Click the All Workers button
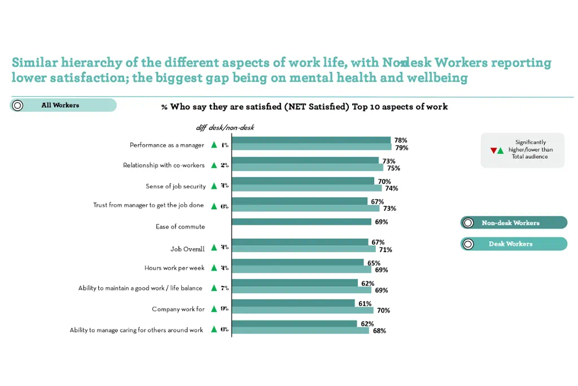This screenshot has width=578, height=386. pos(63,105)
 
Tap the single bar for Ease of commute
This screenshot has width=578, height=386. pos(301,222)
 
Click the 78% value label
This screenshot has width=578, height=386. pos(401,140)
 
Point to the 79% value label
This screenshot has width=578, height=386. pos(401,148)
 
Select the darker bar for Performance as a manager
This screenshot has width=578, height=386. pos(312,140)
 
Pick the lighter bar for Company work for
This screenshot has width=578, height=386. pos(303,310)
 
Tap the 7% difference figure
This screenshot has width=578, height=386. pos(225,288)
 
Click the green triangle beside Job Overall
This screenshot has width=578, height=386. pos(214,248)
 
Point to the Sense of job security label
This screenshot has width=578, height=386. pos(176,187)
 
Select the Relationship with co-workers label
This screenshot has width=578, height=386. pos(164,166)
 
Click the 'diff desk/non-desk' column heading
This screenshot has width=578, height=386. pos(225,128)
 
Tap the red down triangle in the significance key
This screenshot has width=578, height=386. pos(493,150)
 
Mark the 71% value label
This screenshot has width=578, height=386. pos(386,249)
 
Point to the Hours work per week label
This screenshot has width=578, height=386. pos(174,268)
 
